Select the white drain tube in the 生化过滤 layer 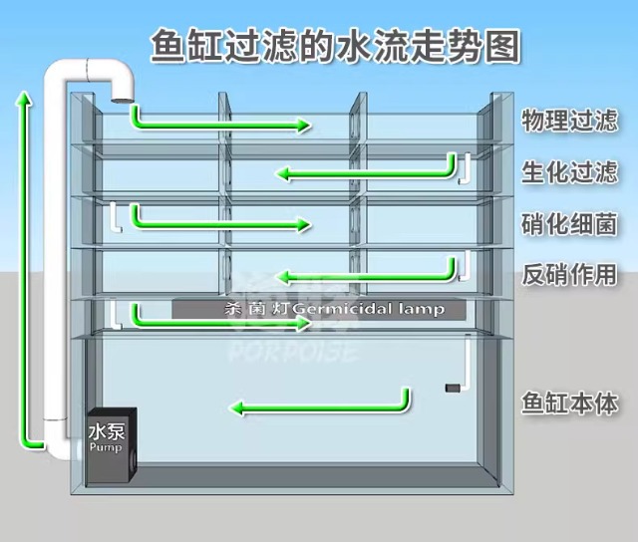pos(463,168)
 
